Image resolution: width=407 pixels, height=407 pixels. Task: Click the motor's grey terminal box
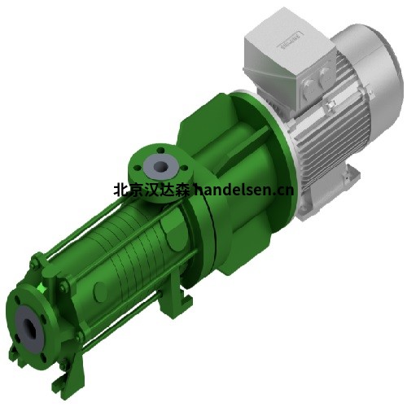click(284, 61)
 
